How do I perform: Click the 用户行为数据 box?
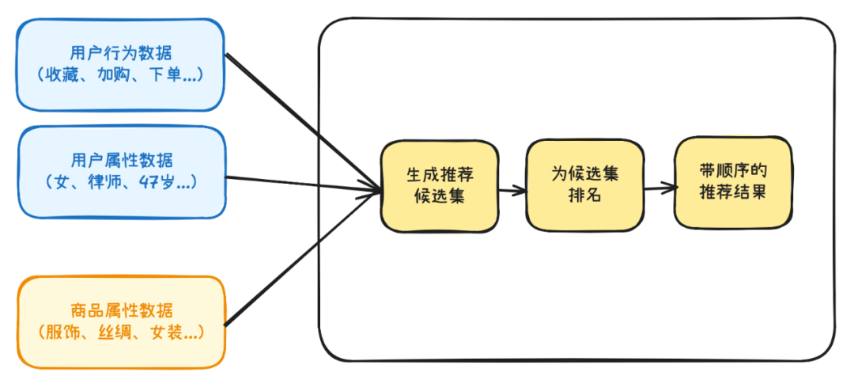pyautogui.click(x=120, y=65)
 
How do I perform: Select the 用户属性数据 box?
pyautogui.click(x=122, y=173)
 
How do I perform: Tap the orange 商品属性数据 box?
pyautogui.click(x=122, y=321)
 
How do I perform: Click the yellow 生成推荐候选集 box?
pyautogui.click(x=440, y=186)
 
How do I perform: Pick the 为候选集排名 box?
pyautogui.click(x=584, y=185)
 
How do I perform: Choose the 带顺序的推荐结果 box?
pyautogui.click(x=733, y=182)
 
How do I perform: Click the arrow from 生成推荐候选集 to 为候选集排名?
pyautogui.click(x=512, y=191)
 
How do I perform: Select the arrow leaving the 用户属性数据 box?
pyautogui.click(x=304, y=184)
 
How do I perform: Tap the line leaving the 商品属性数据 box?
pyautogui.click(x=303, y=258)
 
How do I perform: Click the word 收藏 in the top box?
pyautogui.click(x=64, y=74)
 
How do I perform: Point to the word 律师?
pyautogui.click(x=102, y=181)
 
